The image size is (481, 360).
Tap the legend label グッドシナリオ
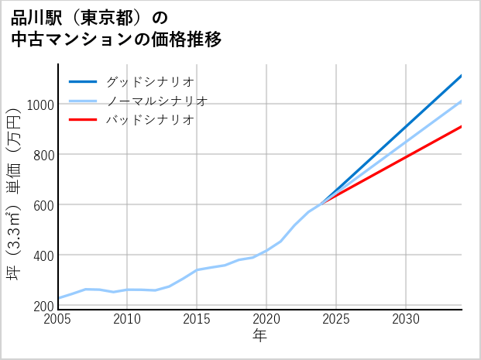tap(149, 81)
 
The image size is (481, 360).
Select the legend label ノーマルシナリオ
tap(156, 101)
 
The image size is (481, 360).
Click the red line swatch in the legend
tap(83, 120)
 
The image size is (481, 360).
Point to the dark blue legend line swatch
tap(83, 81)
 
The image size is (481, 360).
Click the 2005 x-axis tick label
tap(58, 319)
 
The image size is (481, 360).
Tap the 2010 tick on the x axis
tap(128, 319)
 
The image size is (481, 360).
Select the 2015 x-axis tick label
tap(198, 319)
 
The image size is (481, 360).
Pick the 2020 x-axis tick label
tap(266, 319)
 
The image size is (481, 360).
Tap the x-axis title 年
tap(260, 336)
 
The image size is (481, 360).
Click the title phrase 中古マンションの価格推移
tap(116, 39)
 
